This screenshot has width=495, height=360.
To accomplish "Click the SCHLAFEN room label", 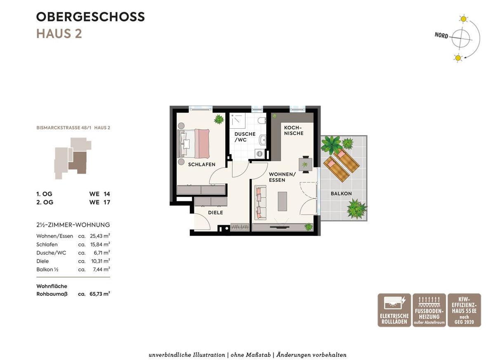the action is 202,165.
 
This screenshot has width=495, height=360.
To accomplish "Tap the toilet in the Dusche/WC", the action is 262,120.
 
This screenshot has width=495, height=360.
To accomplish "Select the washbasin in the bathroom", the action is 262,140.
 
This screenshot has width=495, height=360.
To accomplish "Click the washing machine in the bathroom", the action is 259,154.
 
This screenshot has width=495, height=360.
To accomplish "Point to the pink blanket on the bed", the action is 202,144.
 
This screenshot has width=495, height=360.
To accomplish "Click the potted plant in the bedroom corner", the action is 219,119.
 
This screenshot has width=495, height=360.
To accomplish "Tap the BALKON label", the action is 341,194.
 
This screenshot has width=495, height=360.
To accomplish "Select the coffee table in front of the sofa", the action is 283,201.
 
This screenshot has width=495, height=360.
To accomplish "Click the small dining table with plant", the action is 305,164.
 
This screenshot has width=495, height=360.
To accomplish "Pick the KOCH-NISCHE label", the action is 294,131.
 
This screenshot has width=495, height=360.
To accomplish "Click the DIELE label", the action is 215,213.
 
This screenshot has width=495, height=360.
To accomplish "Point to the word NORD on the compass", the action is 441,35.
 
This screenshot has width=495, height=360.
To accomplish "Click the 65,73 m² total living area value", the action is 100,294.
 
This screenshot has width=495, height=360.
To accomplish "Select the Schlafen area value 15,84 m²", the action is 100,245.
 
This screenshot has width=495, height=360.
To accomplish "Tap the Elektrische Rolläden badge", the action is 394,310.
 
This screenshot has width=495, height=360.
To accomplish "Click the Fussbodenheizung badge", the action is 429,310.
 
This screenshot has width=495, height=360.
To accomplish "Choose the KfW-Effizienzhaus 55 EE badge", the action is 464,310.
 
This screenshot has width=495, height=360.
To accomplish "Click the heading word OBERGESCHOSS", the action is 90,17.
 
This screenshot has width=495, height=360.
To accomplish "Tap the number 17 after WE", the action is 107,202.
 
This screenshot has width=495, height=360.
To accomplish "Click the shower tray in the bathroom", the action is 237,121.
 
